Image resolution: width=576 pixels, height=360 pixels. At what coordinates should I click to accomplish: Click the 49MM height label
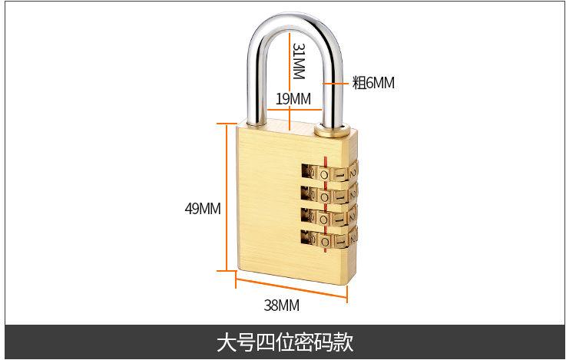tap(203, 208)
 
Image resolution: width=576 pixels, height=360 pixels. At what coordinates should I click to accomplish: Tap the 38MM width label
tap(281, 306)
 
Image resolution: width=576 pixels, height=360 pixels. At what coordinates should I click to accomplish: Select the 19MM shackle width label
tap(293, 98)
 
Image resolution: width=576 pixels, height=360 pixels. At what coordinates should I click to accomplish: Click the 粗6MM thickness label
tap(373, 82)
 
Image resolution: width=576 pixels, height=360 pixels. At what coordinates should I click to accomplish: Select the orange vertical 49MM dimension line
tap(227, 197)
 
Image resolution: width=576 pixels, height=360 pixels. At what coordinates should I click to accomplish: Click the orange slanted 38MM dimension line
tap(292, 287)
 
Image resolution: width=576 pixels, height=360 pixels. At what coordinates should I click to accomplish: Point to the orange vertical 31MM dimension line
tap(288, 61)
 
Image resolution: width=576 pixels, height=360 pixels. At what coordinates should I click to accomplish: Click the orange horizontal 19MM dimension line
tap(292, 110)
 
